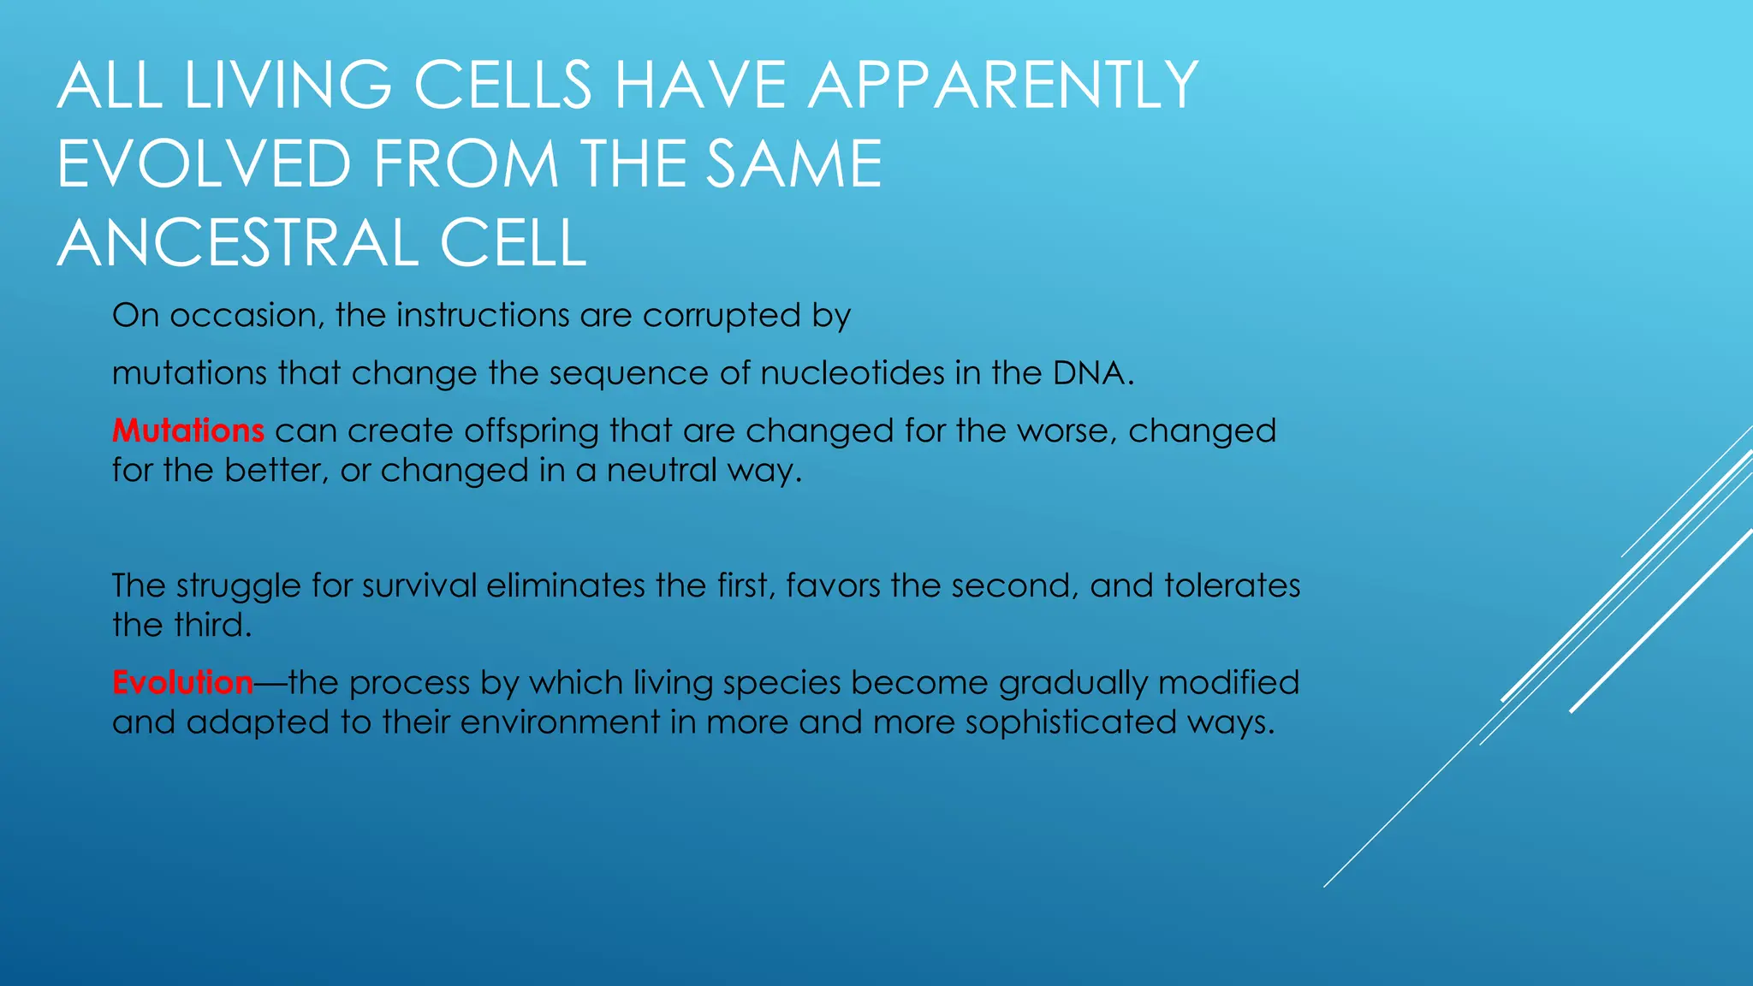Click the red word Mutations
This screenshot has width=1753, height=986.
pyautogui.click(x=187, y=431)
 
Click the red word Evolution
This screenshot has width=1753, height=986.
pyautogui.click(x=182, y=683)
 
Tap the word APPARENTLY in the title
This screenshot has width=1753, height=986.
pyautogui.click(x=1002, y=86)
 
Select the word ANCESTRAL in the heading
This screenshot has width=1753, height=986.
pyautogui.click(x=237, y=243)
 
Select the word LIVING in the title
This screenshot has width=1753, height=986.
pyautogui.click(x=288, y=86)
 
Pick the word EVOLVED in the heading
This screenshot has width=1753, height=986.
pyautogui.click(x=204, y=164)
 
